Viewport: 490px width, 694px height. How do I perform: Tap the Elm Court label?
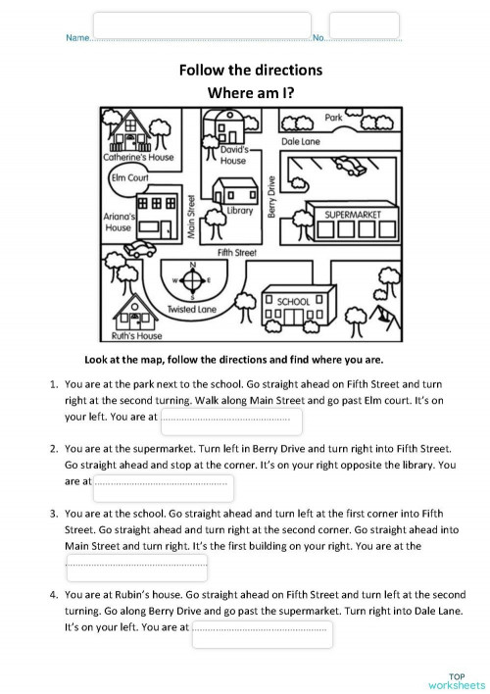tap(129, 178)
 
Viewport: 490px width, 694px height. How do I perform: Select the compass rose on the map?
tap(193, 281)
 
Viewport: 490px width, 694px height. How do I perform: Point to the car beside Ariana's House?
tap(141, 247)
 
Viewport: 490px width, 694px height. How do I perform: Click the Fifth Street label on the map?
tap(236, 253)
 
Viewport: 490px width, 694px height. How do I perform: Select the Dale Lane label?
tap(304, 141)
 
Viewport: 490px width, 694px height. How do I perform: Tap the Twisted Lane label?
tap(191, 309)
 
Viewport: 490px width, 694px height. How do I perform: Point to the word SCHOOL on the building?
tap(293, 301)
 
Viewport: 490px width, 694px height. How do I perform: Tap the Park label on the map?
tap(334, 118)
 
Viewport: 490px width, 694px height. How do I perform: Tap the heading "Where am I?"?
tap(250, 93)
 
